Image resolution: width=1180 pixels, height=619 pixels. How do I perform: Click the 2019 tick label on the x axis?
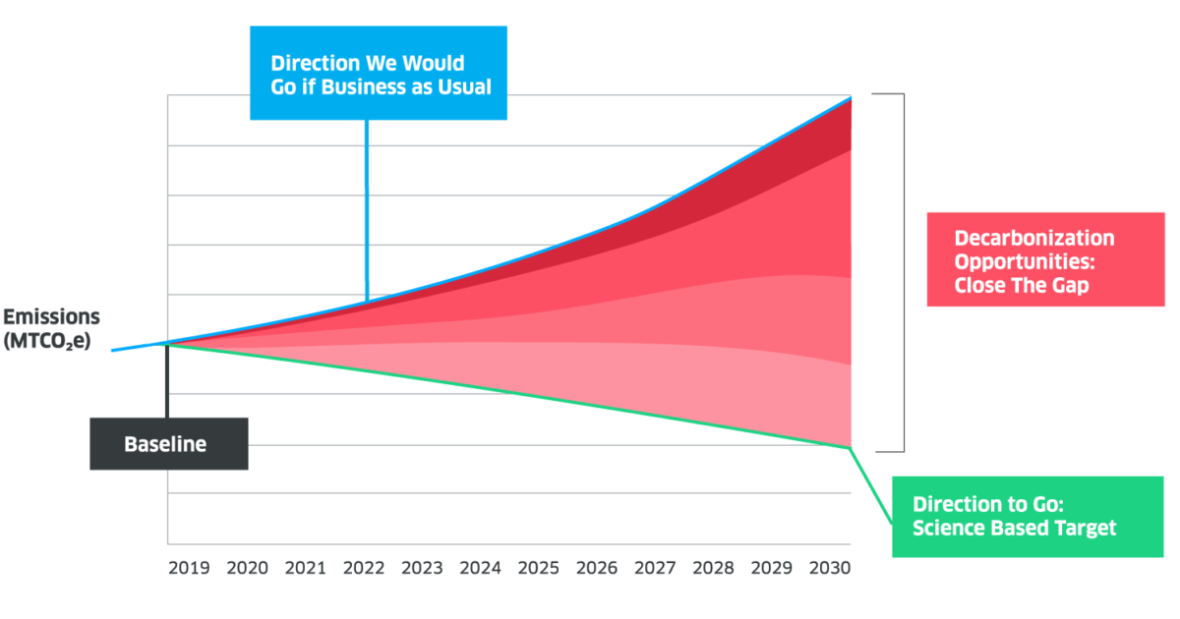tap(190, 568)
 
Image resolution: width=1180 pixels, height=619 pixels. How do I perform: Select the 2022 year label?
tap(364, 568)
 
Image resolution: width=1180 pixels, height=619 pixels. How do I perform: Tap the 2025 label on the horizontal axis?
tap(538, 568)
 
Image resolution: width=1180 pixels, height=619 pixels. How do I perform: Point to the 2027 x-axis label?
tap(654, 568)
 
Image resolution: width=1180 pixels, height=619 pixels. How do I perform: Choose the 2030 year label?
tap(828, 568)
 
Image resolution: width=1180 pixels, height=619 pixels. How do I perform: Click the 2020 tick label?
tap(248, 568)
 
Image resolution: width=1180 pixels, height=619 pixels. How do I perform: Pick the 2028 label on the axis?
tap(712, 568)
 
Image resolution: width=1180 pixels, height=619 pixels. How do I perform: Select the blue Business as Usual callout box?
tap(379, 74)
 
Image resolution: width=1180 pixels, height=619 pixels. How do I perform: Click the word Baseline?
tap(165, 444)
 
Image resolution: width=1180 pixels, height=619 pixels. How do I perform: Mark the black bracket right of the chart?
tap(902, 273)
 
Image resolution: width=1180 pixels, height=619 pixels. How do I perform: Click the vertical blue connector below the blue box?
tap(366, 206)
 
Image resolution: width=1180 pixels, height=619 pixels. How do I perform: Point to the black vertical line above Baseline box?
tap(167, 381)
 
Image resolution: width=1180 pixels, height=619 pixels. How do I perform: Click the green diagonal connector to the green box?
tap(871, 481)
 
